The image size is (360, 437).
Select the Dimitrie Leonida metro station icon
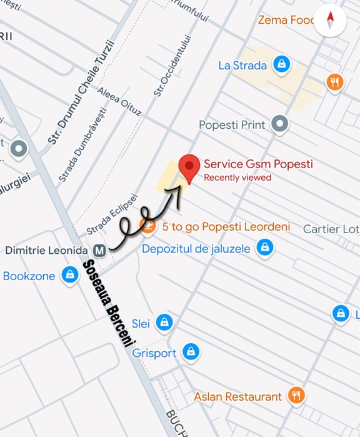(x=99, y=250)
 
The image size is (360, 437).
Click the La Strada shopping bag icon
(x=282, y=64)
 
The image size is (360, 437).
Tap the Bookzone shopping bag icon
(x=69, y=275)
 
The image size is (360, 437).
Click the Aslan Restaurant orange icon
(x=296, y=396)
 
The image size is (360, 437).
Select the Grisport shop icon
(x=191, y=353)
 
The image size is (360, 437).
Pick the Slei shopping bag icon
(x=164, y=323)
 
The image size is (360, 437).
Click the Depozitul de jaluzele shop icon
(x=265, y=249)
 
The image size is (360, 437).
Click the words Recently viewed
(x=237, y=178)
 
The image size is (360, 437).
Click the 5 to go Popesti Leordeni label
(x=226, y=227)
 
